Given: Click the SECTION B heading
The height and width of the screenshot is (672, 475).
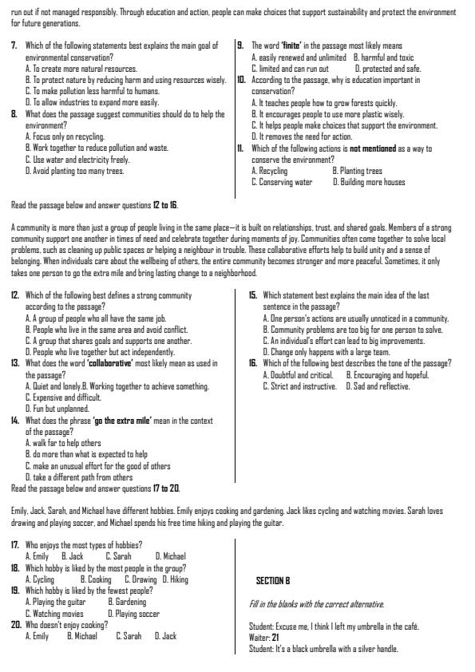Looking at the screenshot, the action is pos(272,580).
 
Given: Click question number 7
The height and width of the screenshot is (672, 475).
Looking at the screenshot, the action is pos(14,46).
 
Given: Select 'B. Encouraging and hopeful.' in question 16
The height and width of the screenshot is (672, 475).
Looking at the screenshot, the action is pos(387,375).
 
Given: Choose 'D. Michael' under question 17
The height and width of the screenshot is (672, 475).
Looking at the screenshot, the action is pos(170,555).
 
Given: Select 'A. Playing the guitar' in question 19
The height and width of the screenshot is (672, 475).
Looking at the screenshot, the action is pos(55,602).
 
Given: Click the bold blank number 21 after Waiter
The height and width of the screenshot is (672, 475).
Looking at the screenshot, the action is pos(275,637).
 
